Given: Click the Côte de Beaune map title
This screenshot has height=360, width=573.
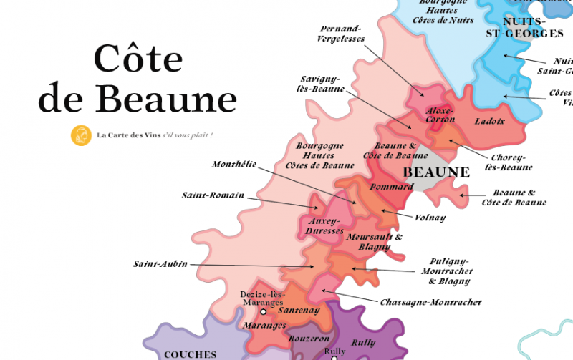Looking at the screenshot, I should click(x=137, y=79).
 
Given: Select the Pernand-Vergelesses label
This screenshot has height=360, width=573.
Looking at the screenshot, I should click(x=340, y=34).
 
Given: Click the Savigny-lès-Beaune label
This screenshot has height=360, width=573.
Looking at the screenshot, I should click(x=320, y=84).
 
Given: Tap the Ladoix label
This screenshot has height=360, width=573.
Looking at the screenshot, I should click(x=490, y=121).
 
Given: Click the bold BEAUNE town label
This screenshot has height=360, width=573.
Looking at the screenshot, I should click(x=436, y=172).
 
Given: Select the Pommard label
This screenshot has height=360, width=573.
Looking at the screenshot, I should click(x=392, y=187).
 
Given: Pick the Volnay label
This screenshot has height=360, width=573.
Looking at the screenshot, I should click(x=430, y=218).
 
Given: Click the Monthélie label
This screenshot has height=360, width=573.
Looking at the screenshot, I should click(x=234, y=165).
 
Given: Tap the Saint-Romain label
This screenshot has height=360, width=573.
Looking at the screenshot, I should click(x=213, y=195).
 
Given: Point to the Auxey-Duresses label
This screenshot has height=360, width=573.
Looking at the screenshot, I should click(x=324, y=226).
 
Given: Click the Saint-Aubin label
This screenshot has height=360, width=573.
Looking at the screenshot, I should click(x=160, y=264).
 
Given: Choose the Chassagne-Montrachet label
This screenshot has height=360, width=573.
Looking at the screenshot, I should click(x=430, y=303).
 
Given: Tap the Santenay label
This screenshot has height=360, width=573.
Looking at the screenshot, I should click(x=299, y=311).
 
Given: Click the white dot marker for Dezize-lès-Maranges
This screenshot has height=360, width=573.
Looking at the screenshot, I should click(x=263, y=312).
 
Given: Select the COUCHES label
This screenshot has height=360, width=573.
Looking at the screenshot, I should click(x=190, y=354).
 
